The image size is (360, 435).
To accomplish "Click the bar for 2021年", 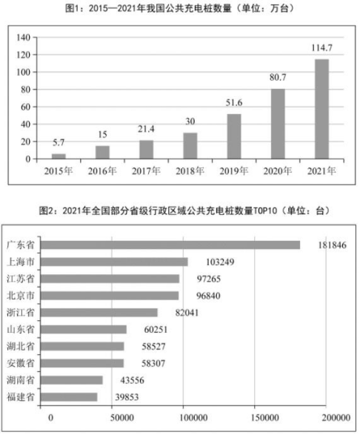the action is coord(321,109).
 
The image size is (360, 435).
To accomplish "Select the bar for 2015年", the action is coord(59,156).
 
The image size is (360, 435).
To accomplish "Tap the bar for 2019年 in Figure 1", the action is coord(234,136).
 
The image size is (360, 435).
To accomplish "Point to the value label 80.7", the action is coord(278,77).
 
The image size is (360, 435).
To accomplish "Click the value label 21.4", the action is coord(146,129).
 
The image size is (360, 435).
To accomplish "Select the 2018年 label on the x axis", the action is coord(190,171).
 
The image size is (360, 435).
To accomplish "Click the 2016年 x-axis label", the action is coord(102,171).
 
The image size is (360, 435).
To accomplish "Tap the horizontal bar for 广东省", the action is coord(170,245).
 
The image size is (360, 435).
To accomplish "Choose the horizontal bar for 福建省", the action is coord(69,397).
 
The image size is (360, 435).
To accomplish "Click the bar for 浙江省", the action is coord(99,313).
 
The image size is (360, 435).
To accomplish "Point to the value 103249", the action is coord(220,262).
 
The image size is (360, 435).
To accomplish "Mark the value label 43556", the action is coord(132,380).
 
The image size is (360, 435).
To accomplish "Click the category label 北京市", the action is coord(21,296).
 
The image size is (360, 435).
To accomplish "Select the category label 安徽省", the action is coord(21,363).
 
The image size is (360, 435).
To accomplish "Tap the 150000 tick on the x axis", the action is coord(265,417).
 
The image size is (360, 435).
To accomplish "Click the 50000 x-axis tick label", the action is coord(122,417).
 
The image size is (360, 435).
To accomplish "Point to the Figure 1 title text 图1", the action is coord(71,9).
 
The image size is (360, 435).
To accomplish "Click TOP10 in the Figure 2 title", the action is coord(265,211).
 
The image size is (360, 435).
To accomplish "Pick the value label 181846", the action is coord(332,245).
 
